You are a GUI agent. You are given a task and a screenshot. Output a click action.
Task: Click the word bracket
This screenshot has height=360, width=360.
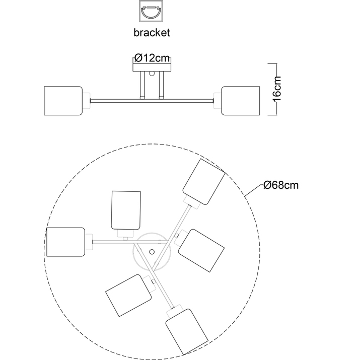152,33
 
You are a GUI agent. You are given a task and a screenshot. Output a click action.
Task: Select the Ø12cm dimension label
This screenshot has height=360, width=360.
153,58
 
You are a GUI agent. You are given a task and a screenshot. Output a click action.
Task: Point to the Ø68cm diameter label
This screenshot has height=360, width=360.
281,185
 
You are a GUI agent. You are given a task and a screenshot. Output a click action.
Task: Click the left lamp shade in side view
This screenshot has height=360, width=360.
63,101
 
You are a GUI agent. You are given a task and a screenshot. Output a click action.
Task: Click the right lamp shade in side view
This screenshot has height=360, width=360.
241,101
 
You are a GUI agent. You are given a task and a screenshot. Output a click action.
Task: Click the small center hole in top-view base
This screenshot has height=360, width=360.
152,251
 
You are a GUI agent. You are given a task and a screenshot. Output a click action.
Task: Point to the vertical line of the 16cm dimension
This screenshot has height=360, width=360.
276,89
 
